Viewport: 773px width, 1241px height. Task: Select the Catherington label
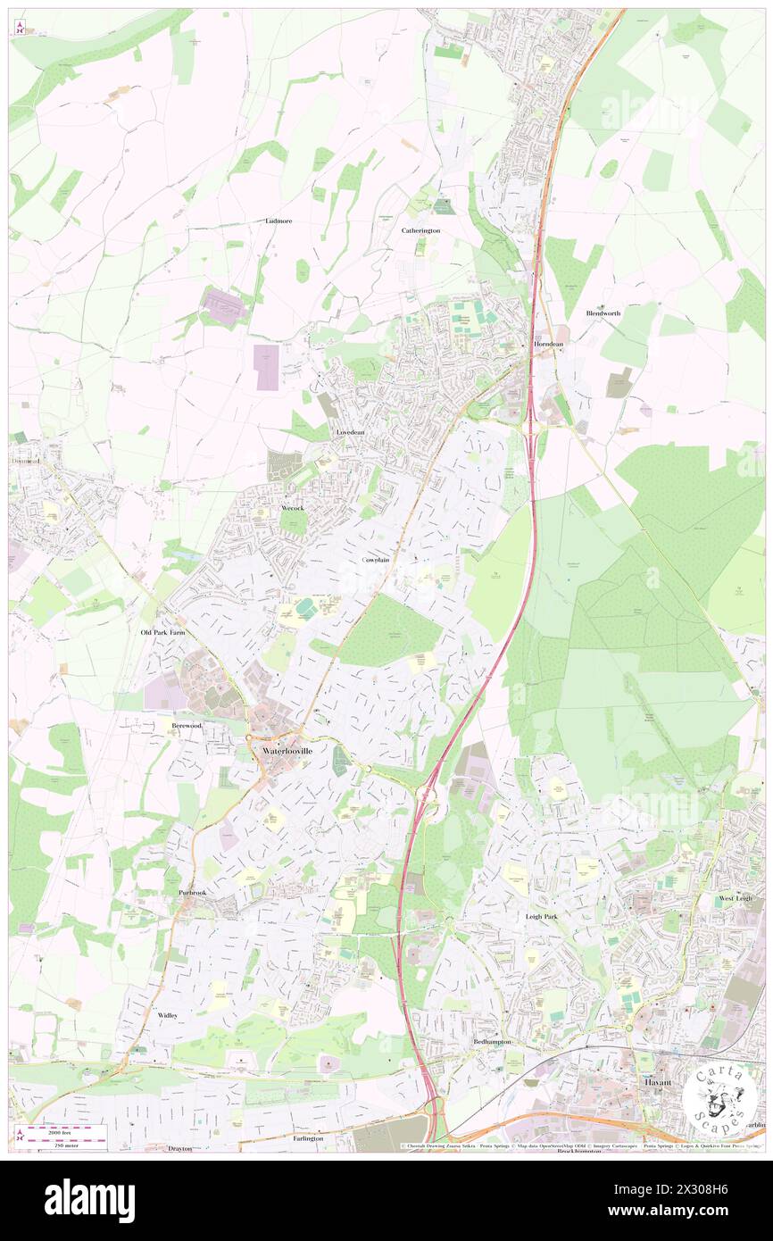[420, 230]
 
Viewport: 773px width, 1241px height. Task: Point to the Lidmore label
[278, 220]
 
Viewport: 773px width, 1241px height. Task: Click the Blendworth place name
[603, 313]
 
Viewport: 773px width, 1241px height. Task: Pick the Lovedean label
[350, 432]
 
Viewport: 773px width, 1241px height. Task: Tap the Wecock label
[293, 508]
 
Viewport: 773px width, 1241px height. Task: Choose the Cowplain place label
[376, 560]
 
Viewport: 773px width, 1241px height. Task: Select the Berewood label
[187, 726]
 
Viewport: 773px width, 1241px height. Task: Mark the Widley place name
[168, 1015]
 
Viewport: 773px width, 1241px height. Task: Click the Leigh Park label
[542, 917]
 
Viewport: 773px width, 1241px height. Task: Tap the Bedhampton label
[491, 1042]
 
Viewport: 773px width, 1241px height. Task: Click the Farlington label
[307, 1139]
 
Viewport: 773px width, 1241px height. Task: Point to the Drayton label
[180, 1148]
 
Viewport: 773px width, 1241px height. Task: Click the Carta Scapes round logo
[719, 1095]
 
